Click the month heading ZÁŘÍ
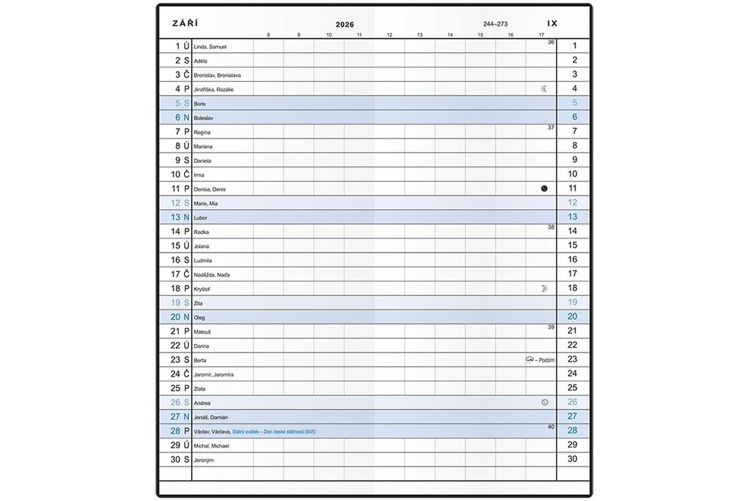point(185,24)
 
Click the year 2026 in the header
point(345,24)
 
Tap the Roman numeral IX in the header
point(552,23)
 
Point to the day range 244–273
point(495,24)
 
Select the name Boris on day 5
point(200,104)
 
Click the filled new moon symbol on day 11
point(544,189)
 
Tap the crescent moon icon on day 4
point(544,89)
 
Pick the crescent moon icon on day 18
point(544,288)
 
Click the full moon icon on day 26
point(544,402)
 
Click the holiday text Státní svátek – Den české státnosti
point(273,432)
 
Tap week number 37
point(551,127)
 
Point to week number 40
point(551,426)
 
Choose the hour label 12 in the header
point(389,35)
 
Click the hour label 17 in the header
point(541,35)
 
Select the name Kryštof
point(203,289)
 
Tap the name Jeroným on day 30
point(204,460)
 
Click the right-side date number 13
point(573,217)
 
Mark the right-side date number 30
point(573,459)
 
